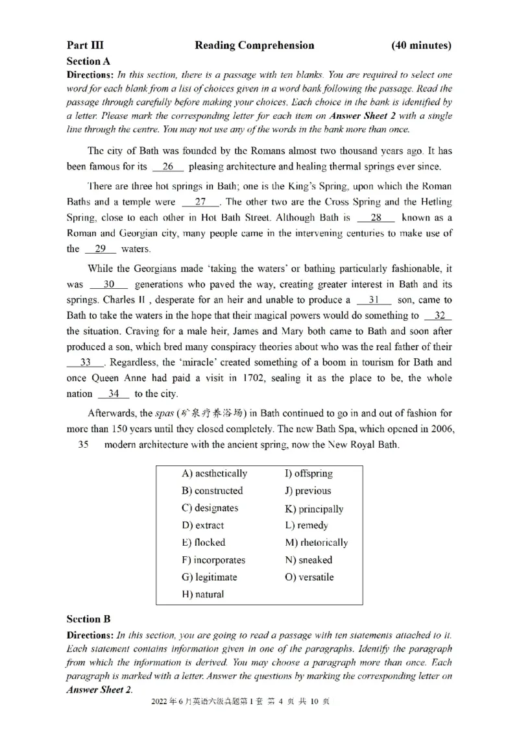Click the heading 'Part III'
[85, 45]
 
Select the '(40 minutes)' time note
[422, 45]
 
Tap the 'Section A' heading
[88, 61]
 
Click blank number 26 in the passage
[168, 167]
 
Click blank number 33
[85, 362]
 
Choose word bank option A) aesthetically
[214, 473]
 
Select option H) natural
[202, 594]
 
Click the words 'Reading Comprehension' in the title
[254, 45]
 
